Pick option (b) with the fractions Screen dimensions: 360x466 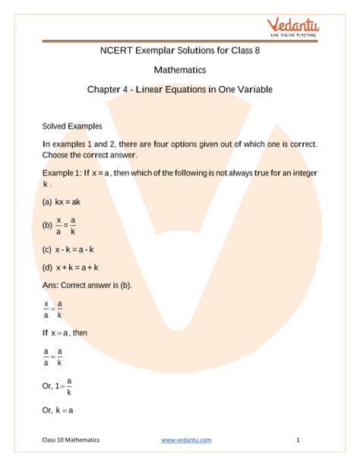tap(60, 225)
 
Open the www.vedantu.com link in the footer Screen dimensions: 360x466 tap(186, 439)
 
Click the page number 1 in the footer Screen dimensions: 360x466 tap(298, 439)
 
